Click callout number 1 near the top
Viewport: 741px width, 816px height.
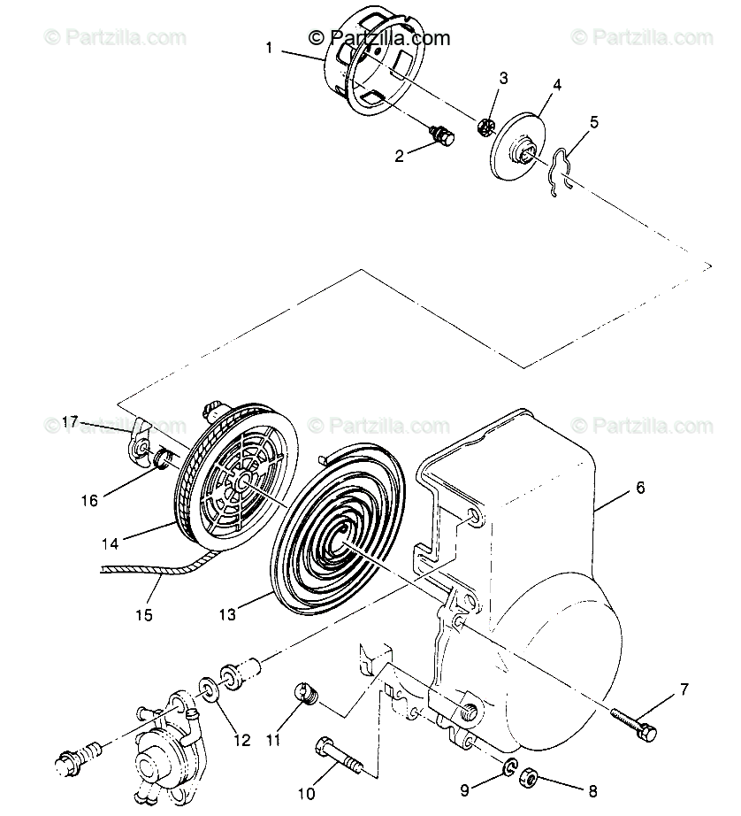click(270, 48)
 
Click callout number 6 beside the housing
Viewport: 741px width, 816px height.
click(640, 488)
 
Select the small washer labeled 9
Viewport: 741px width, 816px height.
click(510, 767)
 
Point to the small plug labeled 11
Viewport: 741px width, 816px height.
click(306, 696)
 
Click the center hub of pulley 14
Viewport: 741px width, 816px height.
click(241, 484)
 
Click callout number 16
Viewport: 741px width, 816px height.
click(89, 500)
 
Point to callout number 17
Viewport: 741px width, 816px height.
click(72, 421)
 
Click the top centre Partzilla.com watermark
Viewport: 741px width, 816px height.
click(379, 37)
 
